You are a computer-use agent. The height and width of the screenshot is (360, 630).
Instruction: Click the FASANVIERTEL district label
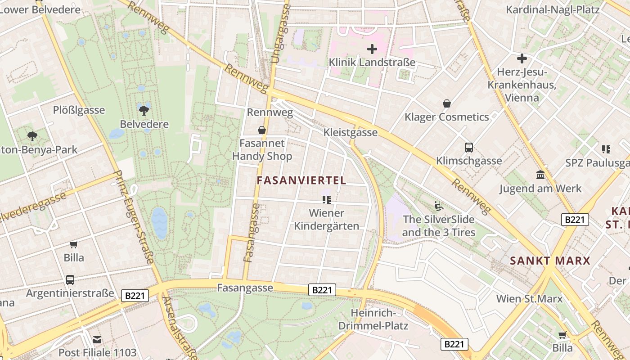click(301, 180)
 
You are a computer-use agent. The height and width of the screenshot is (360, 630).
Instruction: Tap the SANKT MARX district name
click(550, 261)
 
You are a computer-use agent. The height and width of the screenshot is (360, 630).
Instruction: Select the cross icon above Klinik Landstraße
click(372, 49)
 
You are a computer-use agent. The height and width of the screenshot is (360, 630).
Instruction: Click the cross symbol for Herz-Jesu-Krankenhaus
click(522, 58)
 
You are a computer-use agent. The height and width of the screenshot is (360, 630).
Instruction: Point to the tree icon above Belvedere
click(144, 110)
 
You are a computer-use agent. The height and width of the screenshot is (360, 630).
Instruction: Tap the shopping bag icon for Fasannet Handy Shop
click(261, 130)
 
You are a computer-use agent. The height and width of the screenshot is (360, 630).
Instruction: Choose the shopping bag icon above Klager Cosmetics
click(446, 104)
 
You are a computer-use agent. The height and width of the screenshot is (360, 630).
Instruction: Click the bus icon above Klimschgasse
click(468, 148)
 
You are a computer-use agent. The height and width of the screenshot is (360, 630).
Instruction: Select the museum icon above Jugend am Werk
click(540, 175)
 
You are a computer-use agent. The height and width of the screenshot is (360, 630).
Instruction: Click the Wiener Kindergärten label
click(327, 220)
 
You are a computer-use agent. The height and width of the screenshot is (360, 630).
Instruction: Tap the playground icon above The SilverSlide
click(439, 206)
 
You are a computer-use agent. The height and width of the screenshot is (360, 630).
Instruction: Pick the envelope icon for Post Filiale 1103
click(97, 340)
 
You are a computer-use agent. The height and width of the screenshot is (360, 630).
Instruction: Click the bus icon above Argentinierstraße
click(70, 280)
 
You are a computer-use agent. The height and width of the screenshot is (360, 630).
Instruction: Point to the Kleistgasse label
click(350, 132)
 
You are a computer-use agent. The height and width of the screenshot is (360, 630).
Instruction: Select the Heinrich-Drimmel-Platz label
click(373, 319)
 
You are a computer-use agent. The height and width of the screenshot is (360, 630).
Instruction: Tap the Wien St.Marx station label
click(529, 299)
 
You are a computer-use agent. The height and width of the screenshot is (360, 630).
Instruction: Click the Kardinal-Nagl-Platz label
click(553, 10)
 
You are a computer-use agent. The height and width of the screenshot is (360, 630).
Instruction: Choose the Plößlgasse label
click(79, 110)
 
